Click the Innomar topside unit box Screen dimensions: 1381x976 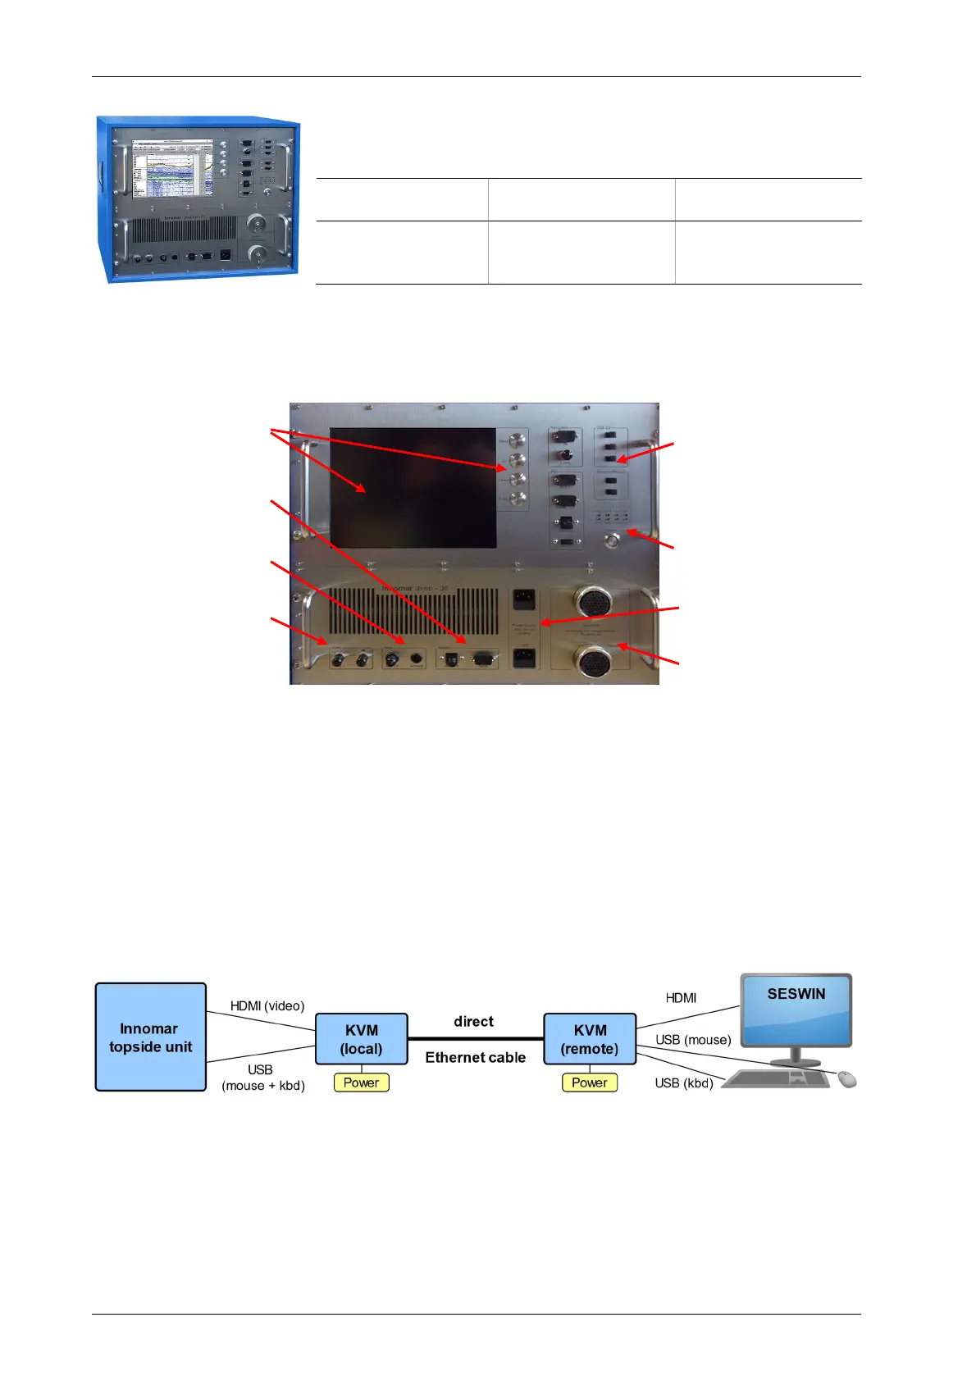151,1037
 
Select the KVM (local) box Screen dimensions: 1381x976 362,1039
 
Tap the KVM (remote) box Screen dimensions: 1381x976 590,1039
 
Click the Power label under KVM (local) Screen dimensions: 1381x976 362,1082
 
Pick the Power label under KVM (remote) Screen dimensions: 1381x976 590,1082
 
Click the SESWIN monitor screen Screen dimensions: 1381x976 796,1010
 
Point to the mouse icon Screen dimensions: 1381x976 847,1079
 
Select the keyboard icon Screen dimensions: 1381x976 775,1079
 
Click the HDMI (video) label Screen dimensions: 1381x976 267,1006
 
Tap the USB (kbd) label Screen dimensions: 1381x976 684,1083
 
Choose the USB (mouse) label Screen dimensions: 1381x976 693,1040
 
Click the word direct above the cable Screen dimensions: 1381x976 474,1022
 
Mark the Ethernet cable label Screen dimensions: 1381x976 476,1058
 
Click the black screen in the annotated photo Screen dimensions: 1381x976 413,488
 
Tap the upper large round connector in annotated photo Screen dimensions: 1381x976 593,601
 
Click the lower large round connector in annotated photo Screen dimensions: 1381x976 593,661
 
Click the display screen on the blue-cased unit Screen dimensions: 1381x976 173,168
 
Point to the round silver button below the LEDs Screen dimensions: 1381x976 611,540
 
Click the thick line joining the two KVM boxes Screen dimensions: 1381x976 476,1039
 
